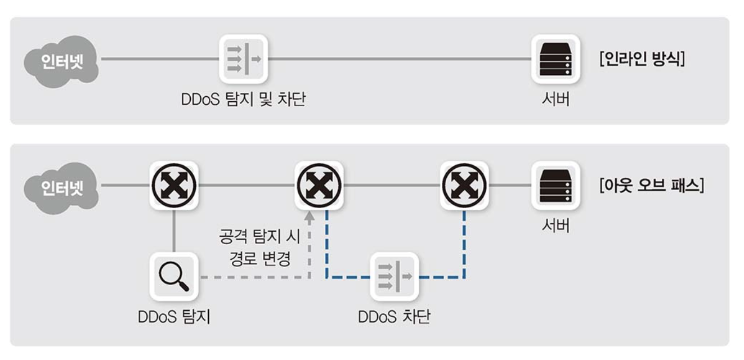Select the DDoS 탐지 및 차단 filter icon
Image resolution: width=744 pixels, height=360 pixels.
pos(244,58)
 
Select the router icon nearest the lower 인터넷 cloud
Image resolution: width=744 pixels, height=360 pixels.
pos(173,185)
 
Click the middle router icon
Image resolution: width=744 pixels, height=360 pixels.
pos(320,185)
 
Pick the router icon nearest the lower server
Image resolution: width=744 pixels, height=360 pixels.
pos(465,185)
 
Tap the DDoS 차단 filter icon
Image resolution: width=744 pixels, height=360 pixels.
pos(394,276)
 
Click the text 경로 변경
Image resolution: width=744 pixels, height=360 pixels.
pos(259,258)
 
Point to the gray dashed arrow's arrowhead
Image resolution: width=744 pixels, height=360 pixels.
pos(309,216)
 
